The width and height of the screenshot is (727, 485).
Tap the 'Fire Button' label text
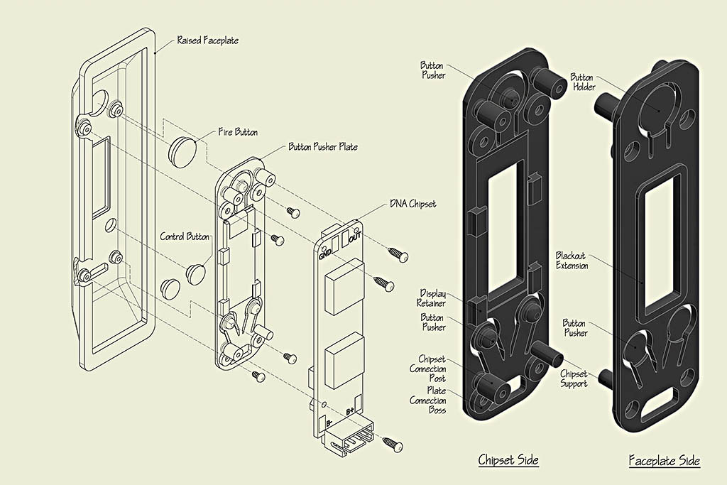point(238,132)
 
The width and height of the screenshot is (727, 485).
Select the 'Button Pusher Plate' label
point(322,147)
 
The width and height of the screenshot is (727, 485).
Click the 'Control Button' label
point(185,236)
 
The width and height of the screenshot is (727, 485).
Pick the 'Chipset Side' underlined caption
point(508,460)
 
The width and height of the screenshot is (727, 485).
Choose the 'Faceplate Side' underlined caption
point(665,461)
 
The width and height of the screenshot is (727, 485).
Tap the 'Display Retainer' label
point(432,298)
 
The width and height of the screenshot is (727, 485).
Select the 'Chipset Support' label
point(574,378)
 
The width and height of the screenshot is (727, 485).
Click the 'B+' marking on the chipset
point(350,411)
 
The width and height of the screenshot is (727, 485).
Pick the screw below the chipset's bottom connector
point(393,444)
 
